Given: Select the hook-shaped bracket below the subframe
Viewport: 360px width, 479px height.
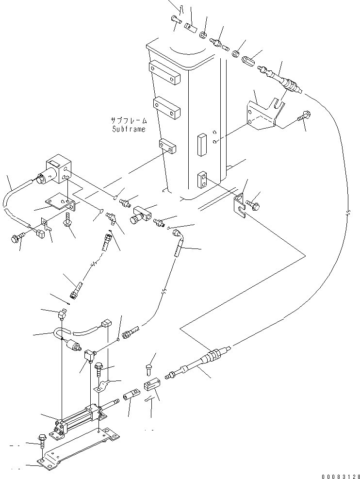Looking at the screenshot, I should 239,203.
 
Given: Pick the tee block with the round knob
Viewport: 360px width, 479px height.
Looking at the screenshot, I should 139,214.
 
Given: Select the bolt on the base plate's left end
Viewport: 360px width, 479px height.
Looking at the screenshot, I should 42,439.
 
